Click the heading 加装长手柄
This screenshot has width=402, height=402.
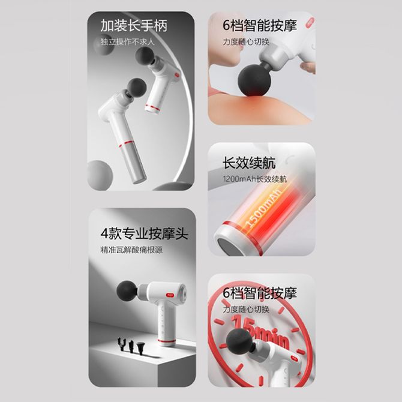point(134,26)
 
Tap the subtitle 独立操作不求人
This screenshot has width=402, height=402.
point(127,42)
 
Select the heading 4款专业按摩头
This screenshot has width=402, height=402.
point(145,233)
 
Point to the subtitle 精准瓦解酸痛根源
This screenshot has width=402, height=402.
point(131,250)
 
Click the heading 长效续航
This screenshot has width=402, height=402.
point(249,163)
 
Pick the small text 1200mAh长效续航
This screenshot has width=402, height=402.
point(255,179)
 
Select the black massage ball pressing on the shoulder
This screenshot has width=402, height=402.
point(254,80)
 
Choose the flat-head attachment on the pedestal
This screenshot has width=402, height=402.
point(141,348)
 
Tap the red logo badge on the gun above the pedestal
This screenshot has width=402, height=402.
point(170,295)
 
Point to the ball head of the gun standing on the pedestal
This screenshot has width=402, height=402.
point(127,290)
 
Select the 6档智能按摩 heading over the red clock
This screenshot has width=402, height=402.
point(260,293)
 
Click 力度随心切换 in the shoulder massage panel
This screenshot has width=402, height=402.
point(246,42)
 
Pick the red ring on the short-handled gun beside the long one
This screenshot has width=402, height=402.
point(154,107)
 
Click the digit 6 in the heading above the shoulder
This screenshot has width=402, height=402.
point(226,26)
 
